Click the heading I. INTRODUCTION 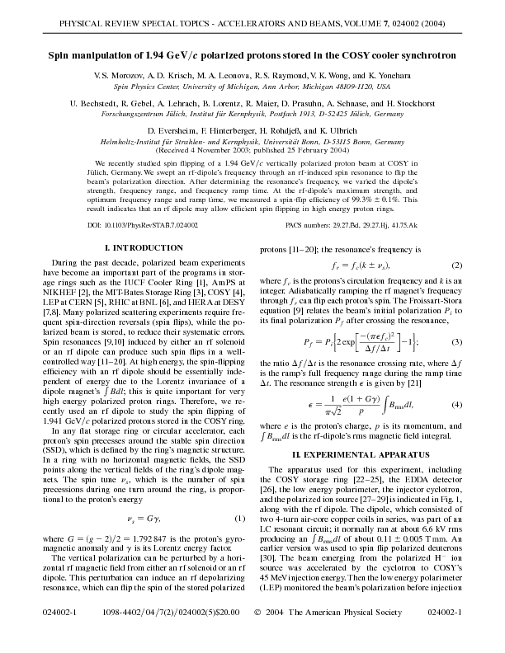(133, 248)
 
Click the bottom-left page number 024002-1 (58, 637)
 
